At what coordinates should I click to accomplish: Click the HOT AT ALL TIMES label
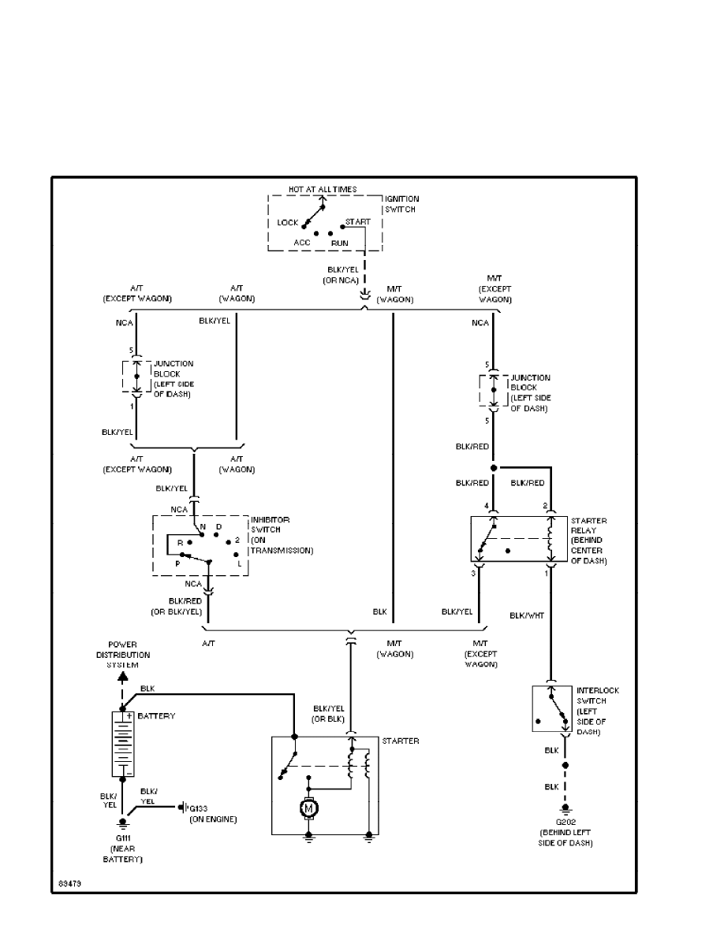pos(322,189)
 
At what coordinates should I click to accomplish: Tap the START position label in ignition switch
pos(357,222)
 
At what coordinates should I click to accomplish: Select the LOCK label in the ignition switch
pos(288,223)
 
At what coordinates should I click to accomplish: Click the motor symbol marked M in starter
pos(309,808)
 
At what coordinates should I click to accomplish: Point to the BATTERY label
pos(156,716)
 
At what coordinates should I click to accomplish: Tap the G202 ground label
pos(565,822)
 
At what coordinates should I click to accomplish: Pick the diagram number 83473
pos(69,884)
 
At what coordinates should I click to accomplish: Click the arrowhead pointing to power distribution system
pos(122,675)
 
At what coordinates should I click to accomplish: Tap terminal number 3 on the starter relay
pos(474,574)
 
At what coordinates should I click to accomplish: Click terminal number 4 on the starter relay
pos(487,505)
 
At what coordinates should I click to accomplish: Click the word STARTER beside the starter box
pos(401,741)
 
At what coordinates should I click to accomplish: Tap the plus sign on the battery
pos(129,717)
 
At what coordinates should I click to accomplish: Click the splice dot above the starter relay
pos(493,467)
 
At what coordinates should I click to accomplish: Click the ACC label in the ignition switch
pos(302,243)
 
